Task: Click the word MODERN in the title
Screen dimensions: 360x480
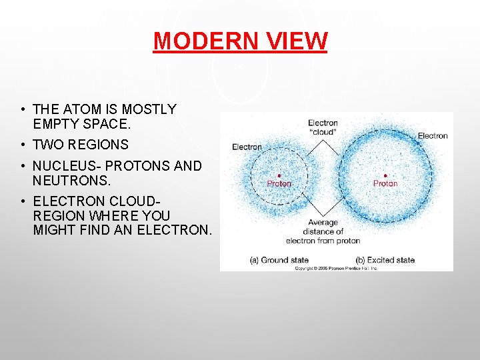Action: (204, 41)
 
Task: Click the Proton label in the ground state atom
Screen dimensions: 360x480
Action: (279, 183)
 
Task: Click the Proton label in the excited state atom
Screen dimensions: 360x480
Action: (385, 183)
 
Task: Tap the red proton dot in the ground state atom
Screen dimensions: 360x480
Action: (279, 175)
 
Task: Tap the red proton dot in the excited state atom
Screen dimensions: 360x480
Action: (385, 175)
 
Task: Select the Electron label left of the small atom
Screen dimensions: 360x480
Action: (247, 147)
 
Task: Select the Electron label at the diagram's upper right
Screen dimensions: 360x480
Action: (433, 136)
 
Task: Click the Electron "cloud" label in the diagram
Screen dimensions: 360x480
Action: (323, 128)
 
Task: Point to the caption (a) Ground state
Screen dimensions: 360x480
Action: (279, 260)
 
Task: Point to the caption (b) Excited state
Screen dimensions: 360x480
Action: (385, 260)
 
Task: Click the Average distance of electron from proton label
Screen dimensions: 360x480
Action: (323, 231)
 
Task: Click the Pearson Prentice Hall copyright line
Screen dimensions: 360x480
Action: (336, 268)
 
